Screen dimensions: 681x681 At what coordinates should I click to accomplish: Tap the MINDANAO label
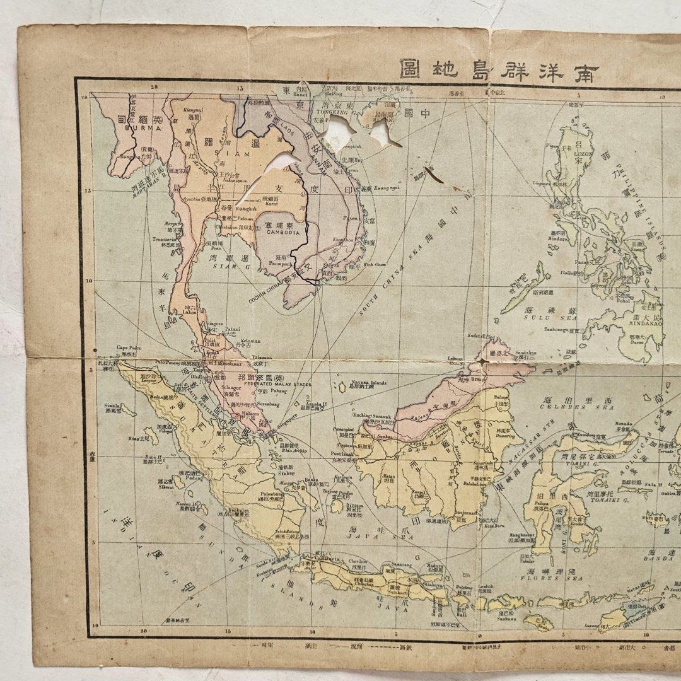coord(644,329)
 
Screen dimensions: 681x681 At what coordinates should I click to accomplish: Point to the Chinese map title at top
coord(498,68)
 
